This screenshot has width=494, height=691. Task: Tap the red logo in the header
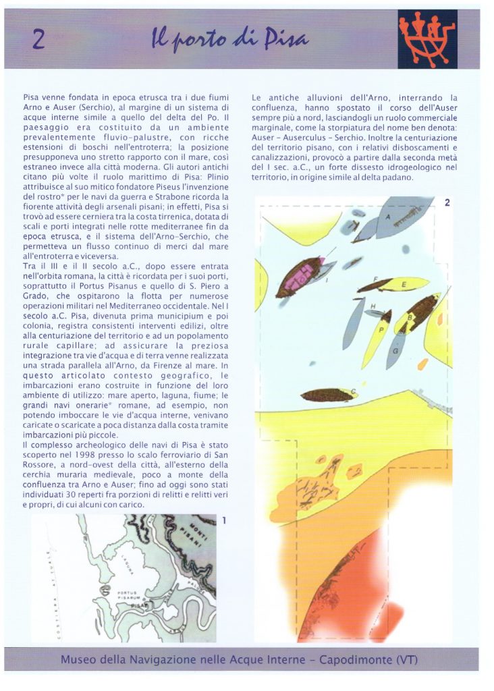[x=427, y=39]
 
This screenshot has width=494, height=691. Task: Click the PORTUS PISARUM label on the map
[x=128, y=595]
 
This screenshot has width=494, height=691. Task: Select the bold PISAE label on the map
[x=139, y=605]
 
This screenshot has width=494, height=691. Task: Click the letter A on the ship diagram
[x=388, y=217]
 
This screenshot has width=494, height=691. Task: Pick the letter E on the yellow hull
[x=404, y=285]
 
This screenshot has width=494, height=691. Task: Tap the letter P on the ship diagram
[x=381, y=329]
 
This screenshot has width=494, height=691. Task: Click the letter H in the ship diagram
[x=373, y=306]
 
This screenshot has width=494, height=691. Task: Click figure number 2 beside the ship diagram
[x=446, y=203]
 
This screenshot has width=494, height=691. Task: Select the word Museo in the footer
[x=80, y=659]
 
